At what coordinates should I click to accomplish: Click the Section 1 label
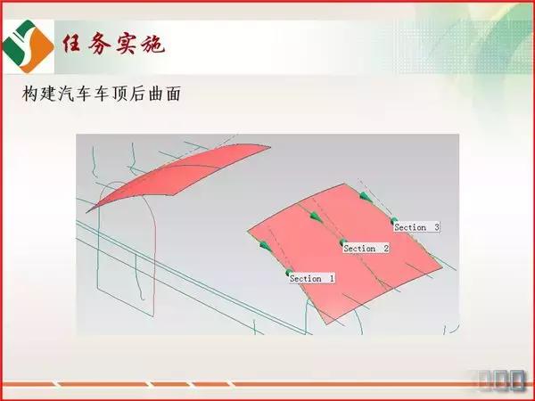(311, 279)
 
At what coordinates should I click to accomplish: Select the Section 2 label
(366, 249)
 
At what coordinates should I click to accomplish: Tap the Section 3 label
(416, 227)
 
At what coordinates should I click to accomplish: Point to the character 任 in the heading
(72, 44)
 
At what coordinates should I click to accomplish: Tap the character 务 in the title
(99, 44)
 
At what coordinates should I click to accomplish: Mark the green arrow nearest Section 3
(365, 195)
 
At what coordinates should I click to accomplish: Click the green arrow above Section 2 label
(314, 215)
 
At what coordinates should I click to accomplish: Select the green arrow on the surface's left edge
(265, 243)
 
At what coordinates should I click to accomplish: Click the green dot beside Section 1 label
(289, 273)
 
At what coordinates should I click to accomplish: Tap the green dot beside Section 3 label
(393, 219)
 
